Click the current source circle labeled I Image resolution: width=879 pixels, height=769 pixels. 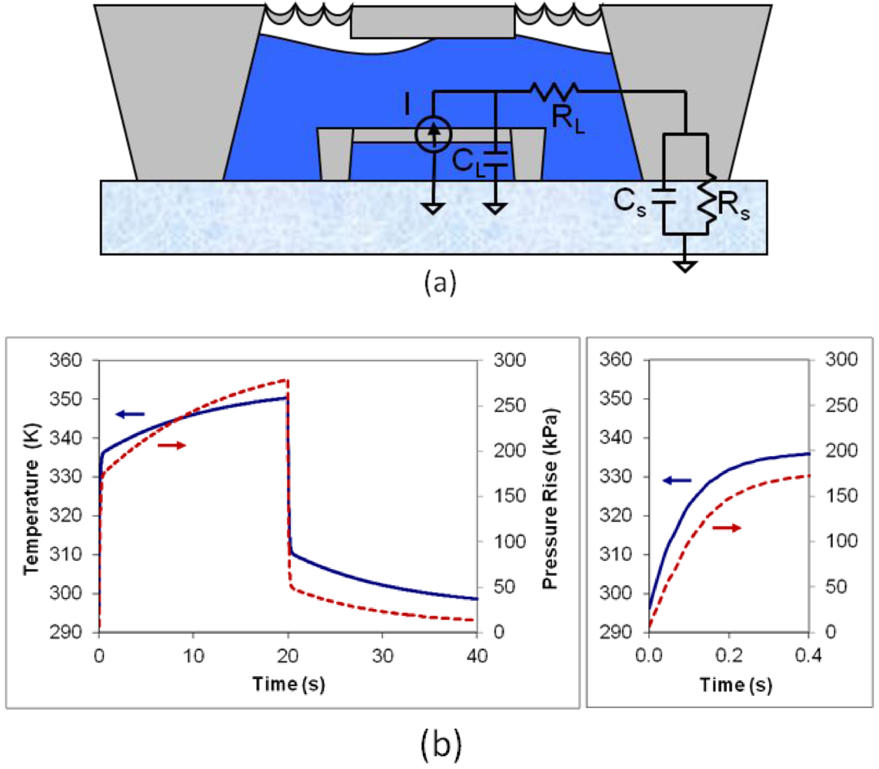pyautogui.click(x=435, y=135)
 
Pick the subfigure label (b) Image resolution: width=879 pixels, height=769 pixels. pyautogui.click(x=440, y=743)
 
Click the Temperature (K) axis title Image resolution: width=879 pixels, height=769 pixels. pyautogui.click(x=32, y=496)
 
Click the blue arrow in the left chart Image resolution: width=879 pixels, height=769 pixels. pyautogui.click(x=131, y=414)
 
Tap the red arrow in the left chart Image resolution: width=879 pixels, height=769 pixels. pyautogui.click(x=172, y=445)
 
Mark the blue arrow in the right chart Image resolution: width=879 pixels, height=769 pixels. pyautogui.click(x=677, y=480)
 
